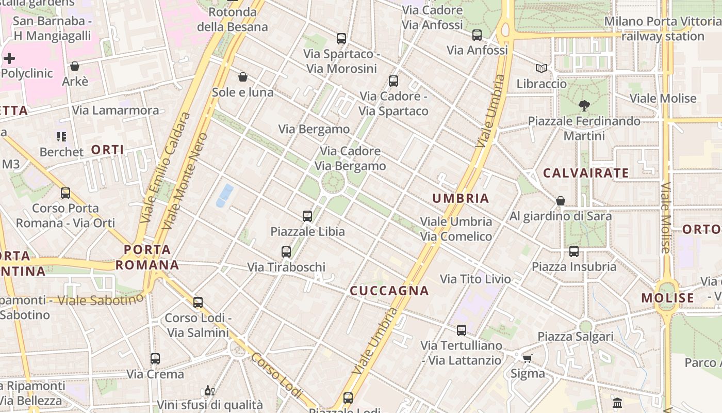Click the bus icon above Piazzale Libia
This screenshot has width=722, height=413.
[x=307, y=216]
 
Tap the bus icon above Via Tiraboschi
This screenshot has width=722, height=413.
[x=286, y=252]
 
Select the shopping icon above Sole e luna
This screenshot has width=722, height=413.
[x=243, y=77]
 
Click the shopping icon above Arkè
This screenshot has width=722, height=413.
[x=75, y=66]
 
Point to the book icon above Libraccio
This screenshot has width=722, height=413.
[x=541, y=68]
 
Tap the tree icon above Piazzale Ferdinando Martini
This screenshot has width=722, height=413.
[x=584, y=106]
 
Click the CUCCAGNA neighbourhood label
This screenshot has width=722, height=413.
[x=389, y=291]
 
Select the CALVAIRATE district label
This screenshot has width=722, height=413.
[x=586, y=173]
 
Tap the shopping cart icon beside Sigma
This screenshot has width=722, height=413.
[x=527, y=358]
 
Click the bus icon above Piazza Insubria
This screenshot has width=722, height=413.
[x=574, y=251]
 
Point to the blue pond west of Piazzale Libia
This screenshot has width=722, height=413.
[x=225, y=196]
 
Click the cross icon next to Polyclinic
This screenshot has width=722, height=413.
[x=9, y=58]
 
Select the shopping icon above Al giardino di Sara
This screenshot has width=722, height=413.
[x=561, y=201]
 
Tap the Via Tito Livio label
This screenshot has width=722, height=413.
[x=475, y=279]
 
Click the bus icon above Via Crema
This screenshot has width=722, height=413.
[x=155, y=359]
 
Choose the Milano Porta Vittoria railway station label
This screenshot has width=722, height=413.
[x=663, y=29]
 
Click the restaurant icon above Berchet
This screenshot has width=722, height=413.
[x=61, y=137]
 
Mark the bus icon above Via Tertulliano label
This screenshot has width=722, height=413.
[x=462, y=330]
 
